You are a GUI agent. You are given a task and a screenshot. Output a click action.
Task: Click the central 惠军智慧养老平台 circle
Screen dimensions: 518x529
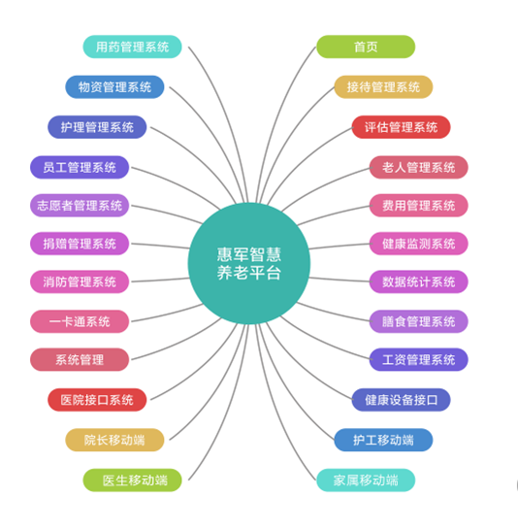[249, 263]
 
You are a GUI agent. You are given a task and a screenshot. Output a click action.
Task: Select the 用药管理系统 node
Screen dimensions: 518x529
[132, 47]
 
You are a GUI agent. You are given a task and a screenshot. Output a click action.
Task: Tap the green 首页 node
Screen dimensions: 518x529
[366, 47]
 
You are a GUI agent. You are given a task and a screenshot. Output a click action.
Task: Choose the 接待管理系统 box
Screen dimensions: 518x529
[383, 87]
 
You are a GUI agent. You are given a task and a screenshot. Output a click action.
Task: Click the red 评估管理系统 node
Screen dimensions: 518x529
[401, 127]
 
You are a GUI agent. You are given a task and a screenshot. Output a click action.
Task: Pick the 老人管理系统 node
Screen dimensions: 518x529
[418, 167]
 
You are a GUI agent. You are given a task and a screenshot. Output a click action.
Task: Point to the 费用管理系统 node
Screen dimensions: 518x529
[418, 206]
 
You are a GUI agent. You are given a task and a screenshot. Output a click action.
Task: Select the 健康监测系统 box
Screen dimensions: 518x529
[418, 244]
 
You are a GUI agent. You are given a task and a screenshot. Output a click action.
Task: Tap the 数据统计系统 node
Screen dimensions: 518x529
[418, 281]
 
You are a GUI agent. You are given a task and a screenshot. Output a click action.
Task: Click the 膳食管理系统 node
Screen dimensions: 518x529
[418, 321]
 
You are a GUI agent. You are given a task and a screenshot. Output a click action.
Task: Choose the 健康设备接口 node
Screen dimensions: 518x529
[401, 400]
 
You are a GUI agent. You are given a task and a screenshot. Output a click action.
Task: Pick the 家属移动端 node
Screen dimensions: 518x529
[366, 480]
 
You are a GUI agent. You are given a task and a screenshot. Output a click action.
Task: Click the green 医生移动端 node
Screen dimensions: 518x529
[132, 480]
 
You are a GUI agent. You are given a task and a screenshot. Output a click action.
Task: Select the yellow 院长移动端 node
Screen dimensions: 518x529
[114, 440]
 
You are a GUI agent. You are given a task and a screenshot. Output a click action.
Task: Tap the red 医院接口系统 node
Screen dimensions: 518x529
[97, 400]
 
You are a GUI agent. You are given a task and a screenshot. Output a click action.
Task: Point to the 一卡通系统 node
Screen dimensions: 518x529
[80, 321]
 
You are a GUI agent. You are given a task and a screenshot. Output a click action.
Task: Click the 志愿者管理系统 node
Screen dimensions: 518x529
[80, 206]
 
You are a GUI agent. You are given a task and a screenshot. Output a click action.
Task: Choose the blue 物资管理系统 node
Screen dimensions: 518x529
[114, 87]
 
